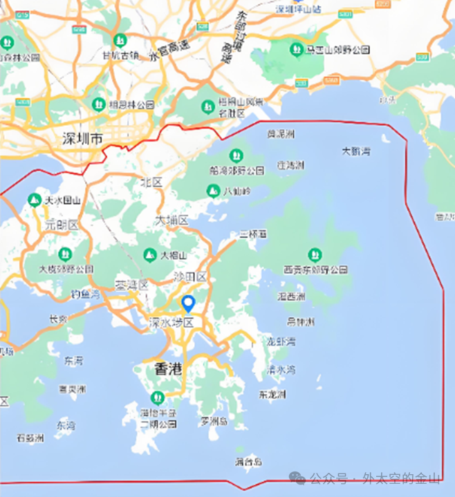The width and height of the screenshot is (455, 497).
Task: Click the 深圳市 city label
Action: tap(82, 139)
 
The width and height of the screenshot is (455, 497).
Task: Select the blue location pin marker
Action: tap(187, 303)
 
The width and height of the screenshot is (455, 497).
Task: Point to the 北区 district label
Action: tap(151, 182)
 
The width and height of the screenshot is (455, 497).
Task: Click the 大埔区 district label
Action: tap(171, 221)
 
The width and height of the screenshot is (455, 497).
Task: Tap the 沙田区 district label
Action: tap(190, 276)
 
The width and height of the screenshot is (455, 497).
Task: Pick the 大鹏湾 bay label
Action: tap(356, 151)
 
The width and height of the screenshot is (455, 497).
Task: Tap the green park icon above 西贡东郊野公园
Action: tap(315, 254)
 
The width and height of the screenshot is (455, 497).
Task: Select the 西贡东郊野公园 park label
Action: tap(315, 269)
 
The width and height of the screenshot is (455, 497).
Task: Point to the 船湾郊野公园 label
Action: tap(236, 170)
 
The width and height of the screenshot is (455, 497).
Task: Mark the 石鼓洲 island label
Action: tap(30, 438)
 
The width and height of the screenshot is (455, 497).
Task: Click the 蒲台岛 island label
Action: tap(248, 461)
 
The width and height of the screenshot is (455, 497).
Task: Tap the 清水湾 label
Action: tap(281, 369)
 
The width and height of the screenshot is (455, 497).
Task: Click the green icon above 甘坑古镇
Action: tap(120, 40)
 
